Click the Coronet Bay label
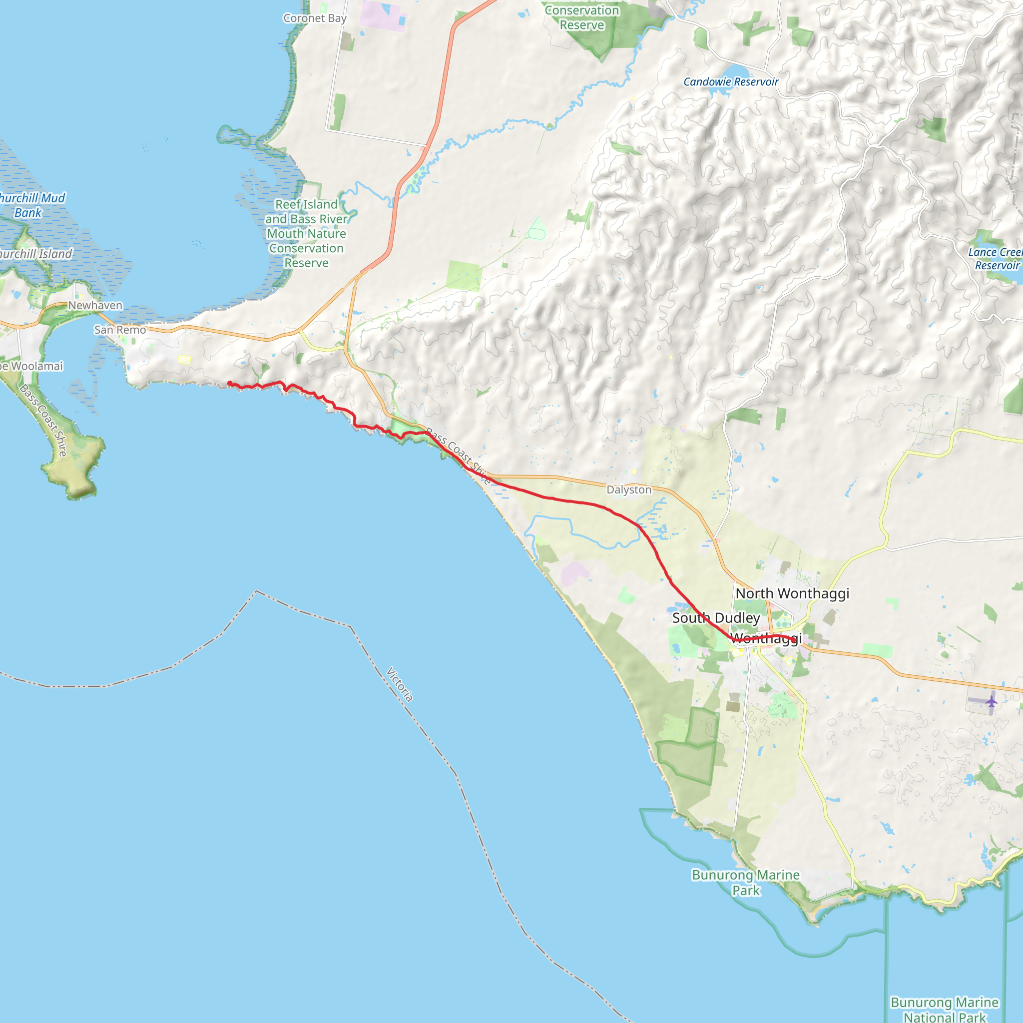tap(315, 18)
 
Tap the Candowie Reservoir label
tap(731, 82)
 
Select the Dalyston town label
tap(628, 490)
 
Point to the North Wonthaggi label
tap(792, 593)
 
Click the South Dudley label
tap(716, 618)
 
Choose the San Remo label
tap(120, 330)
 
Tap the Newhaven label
tap(95, 306)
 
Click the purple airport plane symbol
tap(991, 702)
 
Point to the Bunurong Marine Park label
tap(746, 883)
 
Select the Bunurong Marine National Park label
tap(945, 1009)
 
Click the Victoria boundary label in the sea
tap(400, 685)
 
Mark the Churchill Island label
tap(35, 254)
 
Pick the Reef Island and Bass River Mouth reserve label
tap(307, 233)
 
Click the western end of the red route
tap(229, 382)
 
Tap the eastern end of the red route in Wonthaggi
tap(794, 641)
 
